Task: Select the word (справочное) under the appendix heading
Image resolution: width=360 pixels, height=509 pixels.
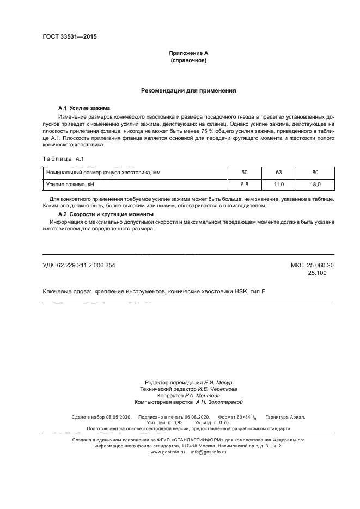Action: click(x=188, y=60)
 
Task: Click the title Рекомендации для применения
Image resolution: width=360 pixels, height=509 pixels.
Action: click(x=188, y=91)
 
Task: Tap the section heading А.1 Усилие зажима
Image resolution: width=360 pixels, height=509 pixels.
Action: click(x=84, y=108)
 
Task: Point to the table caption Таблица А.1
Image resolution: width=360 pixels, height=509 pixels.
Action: click(x=62, y=158)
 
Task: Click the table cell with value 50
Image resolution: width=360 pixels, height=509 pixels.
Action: click(x=245, y=172)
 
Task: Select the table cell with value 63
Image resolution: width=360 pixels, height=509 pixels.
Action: click(x=279, y=172)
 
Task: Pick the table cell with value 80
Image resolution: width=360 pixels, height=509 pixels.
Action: click(x=315, y=172)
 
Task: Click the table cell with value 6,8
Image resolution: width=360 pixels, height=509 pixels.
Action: click(x=245, y=185)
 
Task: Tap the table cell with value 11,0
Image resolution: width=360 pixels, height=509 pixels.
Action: click(x=279, y=185)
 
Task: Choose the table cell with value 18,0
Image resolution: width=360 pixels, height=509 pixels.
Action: click(x=315, y=185)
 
